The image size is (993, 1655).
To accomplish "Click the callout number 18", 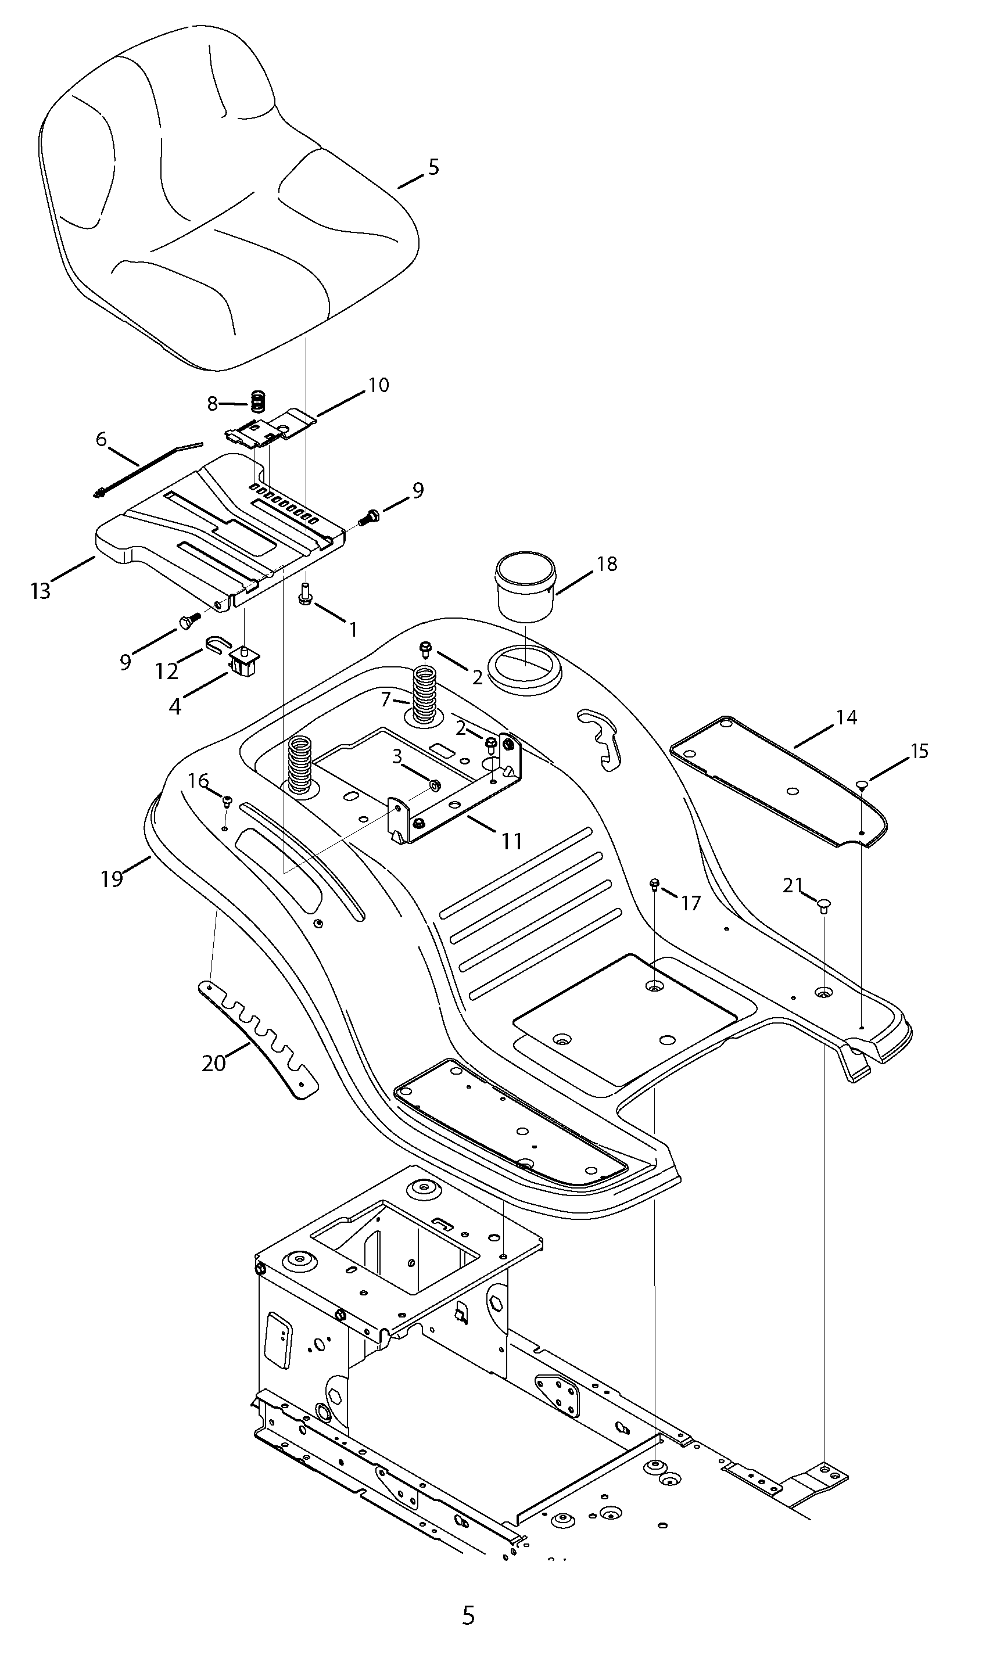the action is tap(607, 564).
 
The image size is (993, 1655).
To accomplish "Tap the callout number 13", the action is tap(41, 591).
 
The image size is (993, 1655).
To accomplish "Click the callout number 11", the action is tap(512, 841).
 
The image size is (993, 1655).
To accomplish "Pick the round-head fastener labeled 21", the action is tap(824, 906).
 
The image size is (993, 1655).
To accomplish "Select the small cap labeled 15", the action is tap(862, 785).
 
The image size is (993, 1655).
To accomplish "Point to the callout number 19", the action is tap(112, 878).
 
